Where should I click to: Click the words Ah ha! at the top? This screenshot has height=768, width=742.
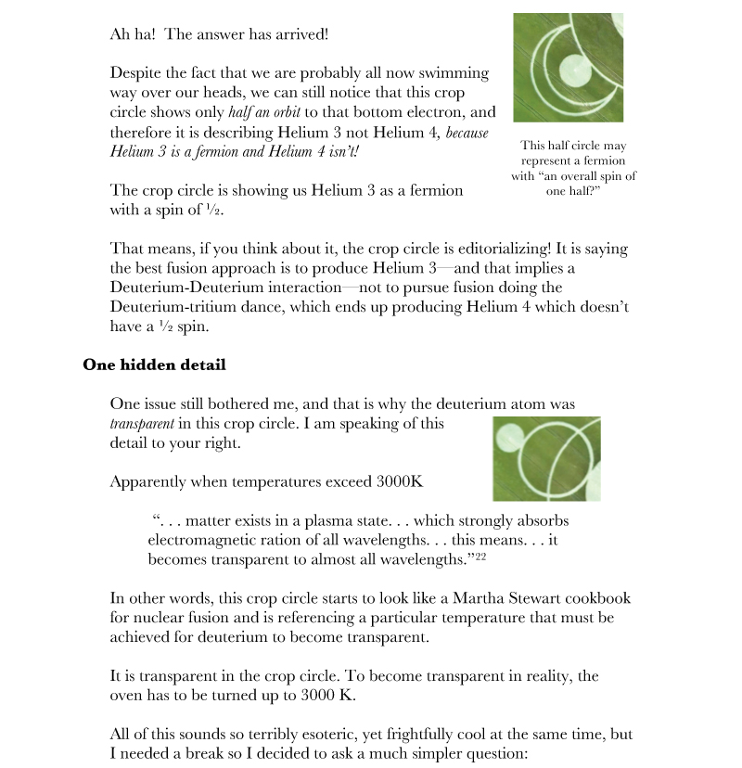134,35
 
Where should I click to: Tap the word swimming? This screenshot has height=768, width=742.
454,73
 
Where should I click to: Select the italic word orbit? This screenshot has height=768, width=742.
303,112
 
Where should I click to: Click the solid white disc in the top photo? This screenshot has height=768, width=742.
574,69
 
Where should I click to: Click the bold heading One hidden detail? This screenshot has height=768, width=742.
153,365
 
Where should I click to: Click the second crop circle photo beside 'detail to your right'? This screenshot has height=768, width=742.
546,458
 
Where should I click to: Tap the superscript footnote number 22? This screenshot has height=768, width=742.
481,556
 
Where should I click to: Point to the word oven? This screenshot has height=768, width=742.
128,695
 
